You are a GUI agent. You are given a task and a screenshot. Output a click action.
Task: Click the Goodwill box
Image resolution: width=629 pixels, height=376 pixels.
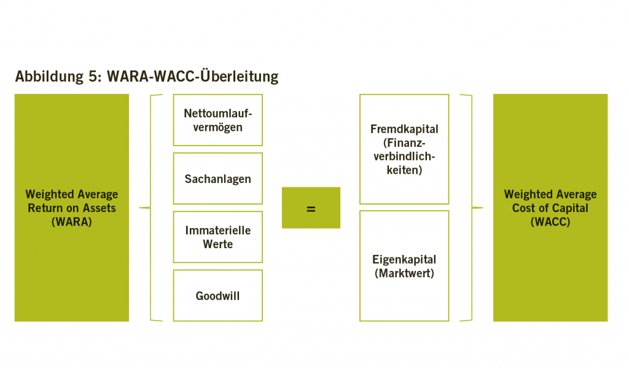(x=218, y=296)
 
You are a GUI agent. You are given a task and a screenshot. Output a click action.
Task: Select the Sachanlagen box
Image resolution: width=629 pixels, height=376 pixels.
(x=218, y=179)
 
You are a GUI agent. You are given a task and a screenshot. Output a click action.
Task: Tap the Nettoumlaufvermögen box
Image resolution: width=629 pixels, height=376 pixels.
(x=218, y=120)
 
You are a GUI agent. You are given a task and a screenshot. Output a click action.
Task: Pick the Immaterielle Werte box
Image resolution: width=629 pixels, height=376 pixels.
(x=218, y=237)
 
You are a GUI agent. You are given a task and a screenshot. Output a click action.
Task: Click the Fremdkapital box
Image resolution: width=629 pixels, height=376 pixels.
(x=404, y=149)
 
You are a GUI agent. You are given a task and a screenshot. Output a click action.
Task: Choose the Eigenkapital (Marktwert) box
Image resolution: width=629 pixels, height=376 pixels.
(x=404, y=265)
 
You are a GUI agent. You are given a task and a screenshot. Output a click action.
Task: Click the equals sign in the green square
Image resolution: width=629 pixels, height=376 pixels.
(x=311, y=209)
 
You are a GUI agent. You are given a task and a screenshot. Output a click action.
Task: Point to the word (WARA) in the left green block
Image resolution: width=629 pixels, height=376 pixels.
(x=72, y=222)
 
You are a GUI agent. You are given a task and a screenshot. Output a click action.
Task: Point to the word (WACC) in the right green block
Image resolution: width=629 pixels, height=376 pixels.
(x=550, y=222)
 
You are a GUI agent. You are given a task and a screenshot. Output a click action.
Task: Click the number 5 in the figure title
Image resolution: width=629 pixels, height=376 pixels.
(x=93, y=76)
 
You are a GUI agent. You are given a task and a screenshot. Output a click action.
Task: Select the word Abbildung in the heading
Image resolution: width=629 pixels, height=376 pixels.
(x=49, y=77)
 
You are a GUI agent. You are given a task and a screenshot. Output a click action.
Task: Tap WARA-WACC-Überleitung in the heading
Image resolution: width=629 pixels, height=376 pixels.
(x=192, y=76)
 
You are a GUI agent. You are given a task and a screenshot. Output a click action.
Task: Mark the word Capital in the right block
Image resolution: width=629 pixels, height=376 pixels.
(x=570, y=208)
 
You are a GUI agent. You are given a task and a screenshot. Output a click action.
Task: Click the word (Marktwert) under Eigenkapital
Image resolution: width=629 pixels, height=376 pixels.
(x=404, y=273)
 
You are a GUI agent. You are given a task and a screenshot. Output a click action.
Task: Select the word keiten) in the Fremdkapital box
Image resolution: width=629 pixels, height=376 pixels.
(x=404, y=170)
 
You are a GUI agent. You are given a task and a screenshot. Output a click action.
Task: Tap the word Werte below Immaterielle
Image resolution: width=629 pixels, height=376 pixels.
(x=218, y=244)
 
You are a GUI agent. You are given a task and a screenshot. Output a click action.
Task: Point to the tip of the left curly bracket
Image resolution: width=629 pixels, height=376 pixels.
(x=139, y=208)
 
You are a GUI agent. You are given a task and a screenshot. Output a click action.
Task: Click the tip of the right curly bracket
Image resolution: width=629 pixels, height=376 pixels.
(x=483, y=208)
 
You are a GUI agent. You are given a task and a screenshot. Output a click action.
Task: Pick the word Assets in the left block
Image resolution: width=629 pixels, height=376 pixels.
(x=99, y=208)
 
